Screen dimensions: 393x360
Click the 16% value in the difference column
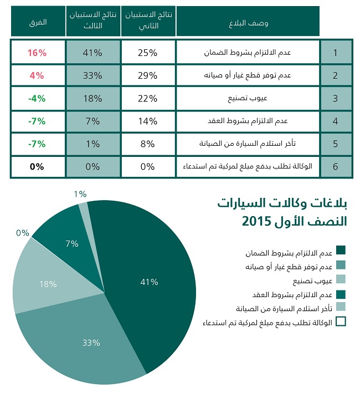click(x=37, y=53)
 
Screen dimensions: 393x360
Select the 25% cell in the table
click(x=148, y=53)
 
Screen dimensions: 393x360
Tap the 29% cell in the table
click(x=148, y=75)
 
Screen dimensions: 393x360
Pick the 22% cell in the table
click(x=148, y=99)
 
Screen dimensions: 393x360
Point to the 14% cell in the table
click(x=148, y=121)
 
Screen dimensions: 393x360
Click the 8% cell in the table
click(x=148, y=144)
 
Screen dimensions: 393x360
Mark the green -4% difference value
click(x=37, y=99)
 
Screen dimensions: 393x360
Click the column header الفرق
click(x=37, y=22)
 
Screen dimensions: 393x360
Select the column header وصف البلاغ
click(x=249, y=22)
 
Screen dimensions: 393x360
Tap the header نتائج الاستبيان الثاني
click(x=148, y=22)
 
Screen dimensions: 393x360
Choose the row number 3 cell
click(x=335, y=99)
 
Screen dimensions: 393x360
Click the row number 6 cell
click(x=335, y=166)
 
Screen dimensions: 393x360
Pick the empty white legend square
click(x=341, y=321)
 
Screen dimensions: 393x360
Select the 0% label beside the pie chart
click(x=23, y=233)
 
